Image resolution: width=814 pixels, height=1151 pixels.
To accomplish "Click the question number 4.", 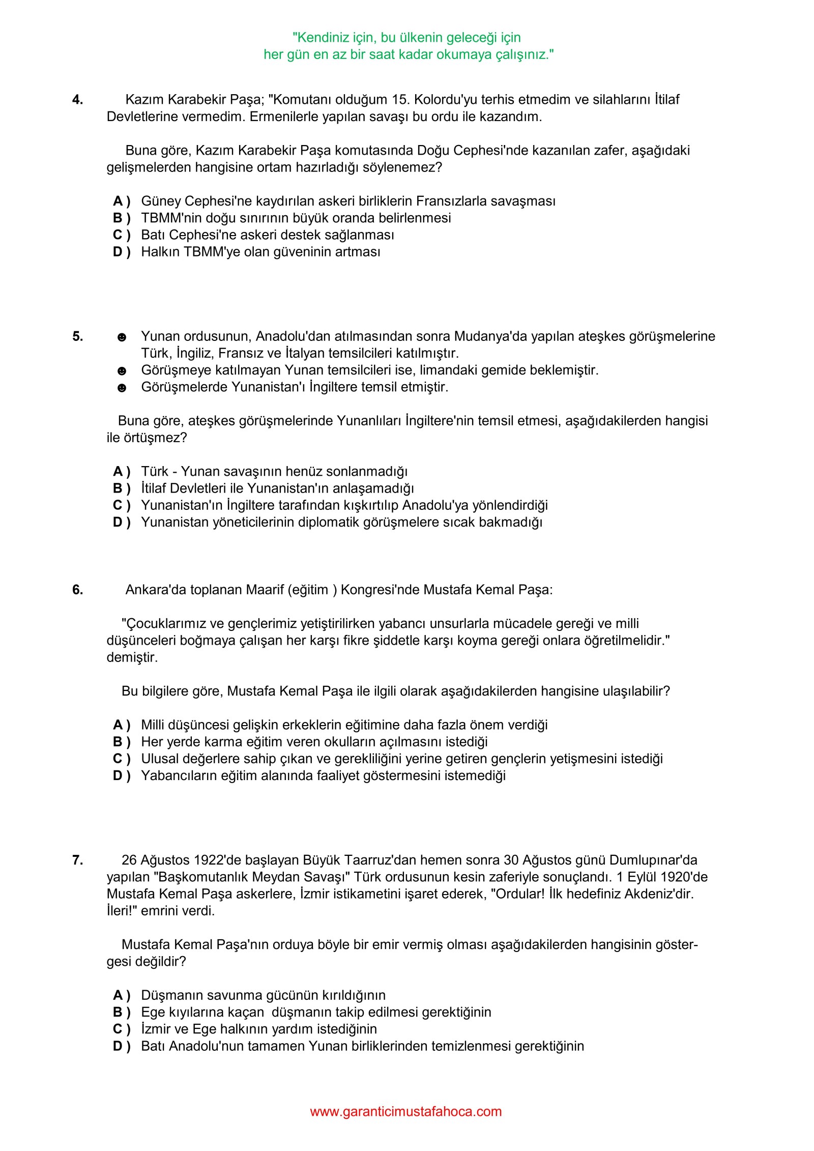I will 77,100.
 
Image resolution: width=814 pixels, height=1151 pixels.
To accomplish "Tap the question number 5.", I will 77,336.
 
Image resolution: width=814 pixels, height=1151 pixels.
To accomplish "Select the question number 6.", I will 77,590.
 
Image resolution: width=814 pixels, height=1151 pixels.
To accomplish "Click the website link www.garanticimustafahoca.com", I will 405,1111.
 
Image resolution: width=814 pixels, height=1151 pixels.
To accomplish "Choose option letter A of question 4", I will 121,201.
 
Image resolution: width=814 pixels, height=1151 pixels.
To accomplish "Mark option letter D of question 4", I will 121,252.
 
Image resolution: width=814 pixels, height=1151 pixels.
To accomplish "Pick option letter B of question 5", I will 121,488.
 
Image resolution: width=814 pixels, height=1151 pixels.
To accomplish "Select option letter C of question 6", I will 121,759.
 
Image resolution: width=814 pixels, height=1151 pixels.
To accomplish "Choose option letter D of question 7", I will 121,1046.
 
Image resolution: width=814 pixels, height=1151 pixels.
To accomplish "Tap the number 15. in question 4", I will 401,100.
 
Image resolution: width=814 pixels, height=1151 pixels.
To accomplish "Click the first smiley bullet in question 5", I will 122,337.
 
